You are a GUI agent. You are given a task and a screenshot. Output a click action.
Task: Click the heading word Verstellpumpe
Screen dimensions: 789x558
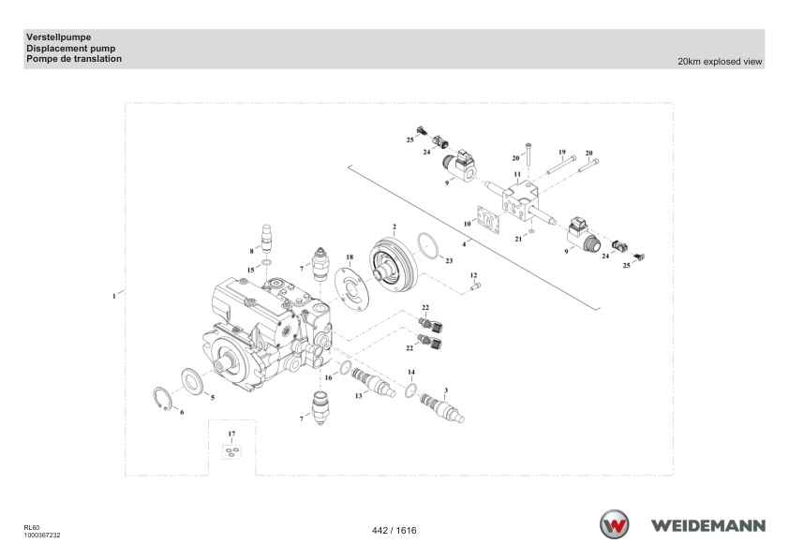[x=59, y=37]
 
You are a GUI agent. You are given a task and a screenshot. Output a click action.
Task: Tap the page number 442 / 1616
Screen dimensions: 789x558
[x=394, y=530]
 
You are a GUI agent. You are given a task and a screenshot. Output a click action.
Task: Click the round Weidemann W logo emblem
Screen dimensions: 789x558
[x=614, y=524]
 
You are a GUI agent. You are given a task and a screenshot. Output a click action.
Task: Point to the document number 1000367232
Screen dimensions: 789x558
[x=42, y=536]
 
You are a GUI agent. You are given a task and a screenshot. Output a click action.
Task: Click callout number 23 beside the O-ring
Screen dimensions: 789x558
[x=449, y=260]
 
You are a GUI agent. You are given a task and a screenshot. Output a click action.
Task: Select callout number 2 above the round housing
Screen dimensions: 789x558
[x=394, y=228]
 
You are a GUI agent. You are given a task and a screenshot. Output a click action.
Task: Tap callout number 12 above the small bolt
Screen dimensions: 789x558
[x=473, y=275]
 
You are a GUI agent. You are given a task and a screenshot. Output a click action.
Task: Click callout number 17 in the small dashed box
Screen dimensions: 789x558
[x=231, y=433]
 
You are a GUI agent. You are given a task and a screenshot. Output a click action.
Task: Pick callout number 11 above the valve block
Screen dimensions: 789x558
[x=517, y=174]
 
